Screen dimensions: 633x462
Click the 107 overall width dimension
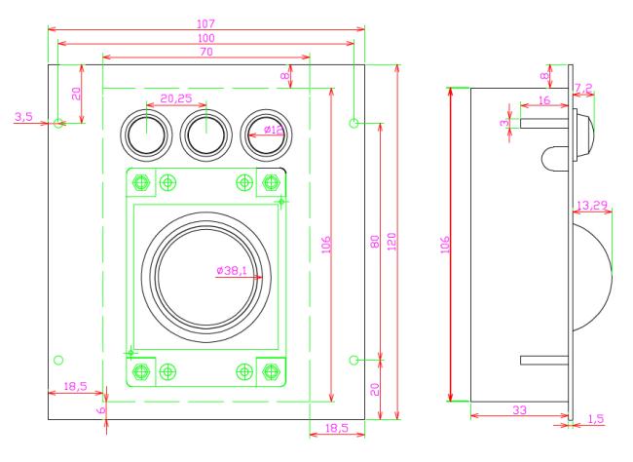click(205, 23)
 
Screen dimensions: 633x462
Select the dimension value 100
click(205, 38)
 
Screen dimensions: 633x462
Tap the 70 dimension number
click(205, 52)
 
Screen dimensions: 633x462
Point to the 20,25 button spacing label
click(176, 98)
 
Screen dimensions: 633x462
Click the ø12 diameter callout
click(274, 130)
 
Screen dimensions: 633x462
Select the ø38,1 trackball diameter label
click(232, 270)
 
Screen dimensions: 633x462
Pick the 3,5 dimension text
click(23, 117)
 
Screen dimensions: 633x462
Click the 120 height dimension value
click(392, 242)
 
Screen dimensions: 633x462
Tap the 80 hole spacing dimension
click(375, 242)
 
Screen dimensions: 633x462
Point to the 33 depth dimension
click(520, 410)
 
